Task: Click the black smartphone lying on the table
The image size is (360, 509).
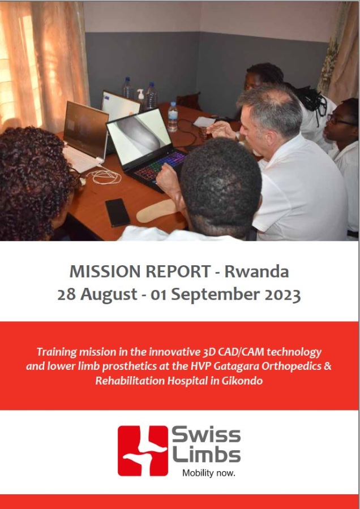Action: click(x=118, y=212)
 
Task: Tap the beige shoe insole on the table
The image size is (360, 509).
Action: click(x=157, y=210)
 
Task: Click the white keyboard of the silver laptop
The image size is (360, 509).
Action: click(x=82, y=158)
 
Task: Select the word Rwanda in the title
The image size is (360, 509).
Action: click(x=256, y=271)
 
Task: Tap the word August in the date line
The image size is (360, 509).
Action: click(x=109, y=295)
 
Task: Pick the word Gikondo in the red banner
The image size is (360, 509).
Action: click(x=242, y=381)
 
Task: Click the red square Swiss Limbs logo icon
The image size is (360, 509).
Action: click(x=143, y=451)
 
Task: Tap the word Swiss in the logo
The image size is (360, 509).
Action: click(x=206, y=435)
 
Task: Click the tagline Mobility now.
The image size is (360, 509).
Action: click(x=208, y=473)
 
